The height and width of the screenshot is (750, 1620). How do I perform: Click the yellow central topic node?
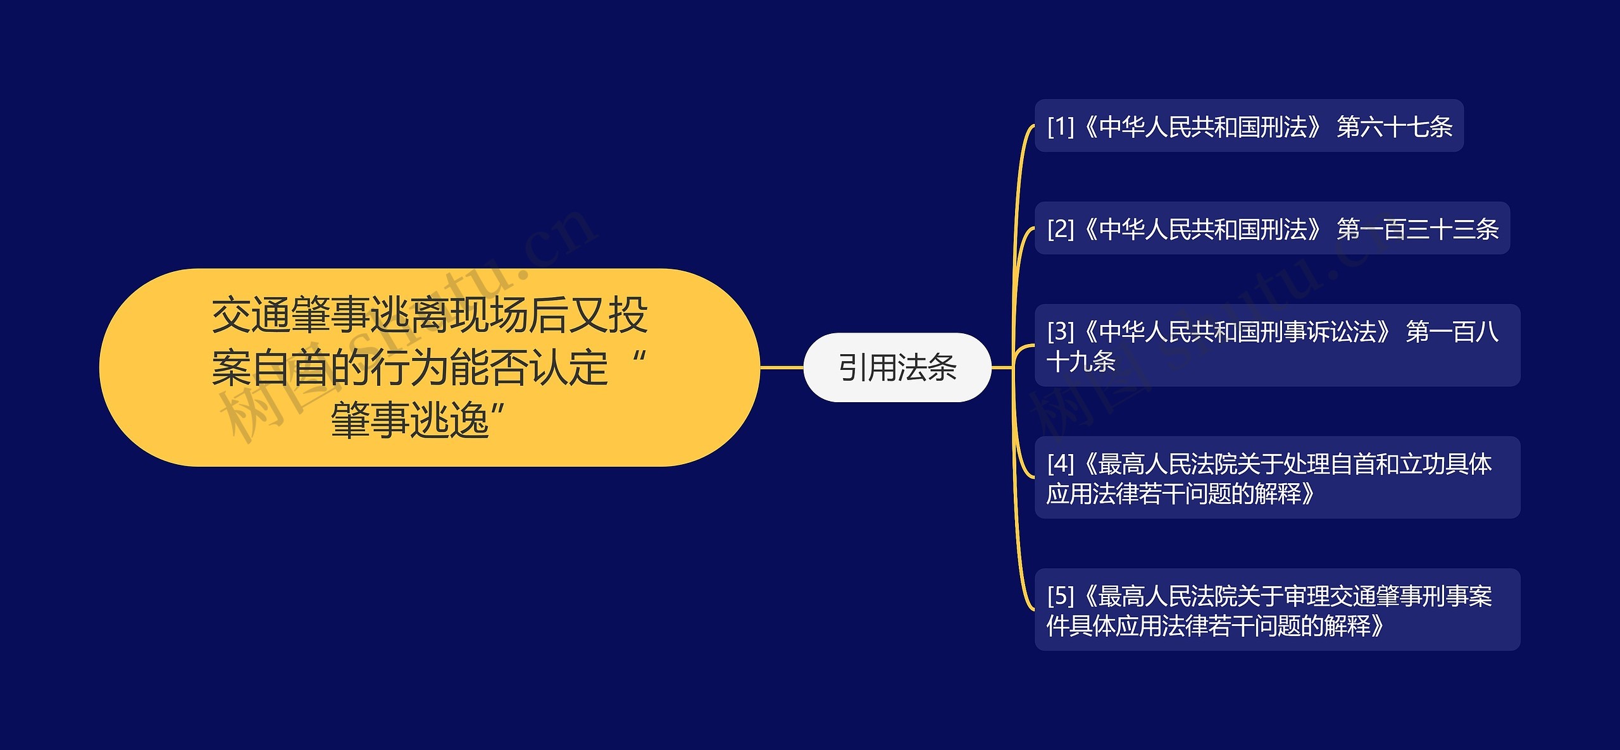pyautogui.click(x=429, y=367)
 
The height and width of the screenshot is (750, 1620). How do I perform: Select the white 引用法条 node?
pyautogui.click(x=897, y=367)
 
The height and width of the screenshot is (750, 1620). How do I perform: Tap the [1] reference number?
pyautogui.click(x=1061, y=126)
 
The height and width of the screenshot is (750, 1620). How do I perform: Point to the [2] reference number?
pyautogui.click(x=1061, y=229)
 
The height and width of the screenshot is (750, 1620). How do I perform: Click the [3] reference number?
pyautogui.click(x=1061, y=331)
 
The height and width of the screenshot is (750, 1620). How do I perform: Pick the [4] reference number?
pyautogui.click(x=1061, y=464)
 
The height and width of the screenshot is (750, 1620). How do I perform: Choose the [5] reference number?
pyautogui.click(x=1061, y=596)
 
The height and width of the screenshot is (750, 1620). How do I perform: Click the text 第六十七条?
pyautogui.click(x=1394, y=126)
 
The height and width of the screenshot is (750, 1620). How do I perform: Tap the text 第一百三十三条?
pyautogui.click(x=1417, y=229)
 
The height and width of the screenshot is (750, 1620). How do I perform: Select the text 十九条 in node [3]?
pyautogui.click(x=1081, y=362)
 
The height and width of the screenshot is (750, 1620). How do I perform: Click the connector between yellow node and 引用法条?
pyautogui.click(x=782, y=367)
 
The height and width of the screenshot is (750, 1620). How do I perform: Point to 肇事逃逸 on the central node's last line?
pyautogui.click(x=410, y=420)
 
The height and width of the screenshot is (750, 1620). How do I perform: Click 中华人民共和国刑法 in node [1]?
pyautogui.click(x=1203, y=126)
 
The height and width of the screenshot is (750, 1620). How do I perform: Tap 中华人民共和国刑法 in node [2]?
pyautogui.click(x=1203, y=229)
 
